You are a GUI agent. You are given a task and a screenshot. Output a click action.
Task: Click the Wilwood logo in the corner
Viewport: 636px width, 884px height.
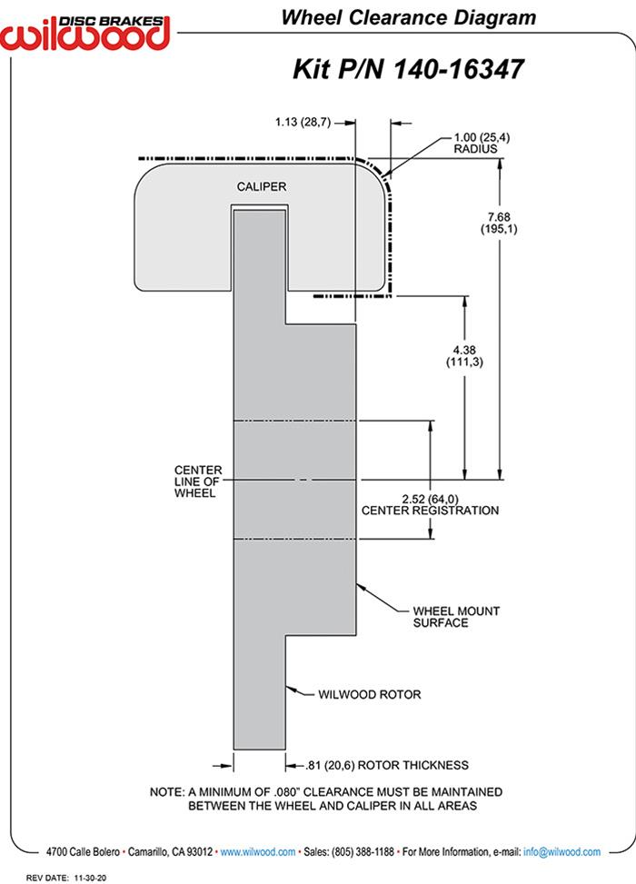(86, 29)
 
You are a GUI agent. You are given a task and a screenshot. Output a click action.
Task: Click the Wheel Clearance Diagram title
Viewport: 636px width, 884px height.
(407, 17)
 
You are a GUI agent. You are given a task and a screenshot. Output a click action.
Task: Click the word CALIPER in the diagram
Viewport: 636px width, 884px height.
(262, 186)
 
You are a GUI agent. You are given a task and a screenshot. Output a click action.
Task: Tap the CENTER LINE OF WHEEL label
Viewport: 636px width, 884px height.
(197, 482)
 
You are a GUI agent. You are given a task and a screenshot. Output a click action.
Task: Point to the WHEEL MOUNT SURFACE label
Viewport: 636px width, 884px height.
(456, 617)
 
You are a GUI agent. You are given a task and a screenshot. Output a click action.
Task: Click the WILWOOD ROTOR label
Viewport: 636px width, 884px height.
(369, 695)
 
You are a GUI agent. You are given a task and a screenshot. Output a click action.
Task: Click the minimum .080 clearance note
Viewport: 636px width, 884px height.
(325, 799)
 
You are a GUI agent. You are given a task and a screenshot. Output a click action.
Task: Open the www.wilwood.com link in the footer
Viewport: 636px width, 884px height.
(258, 852)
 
